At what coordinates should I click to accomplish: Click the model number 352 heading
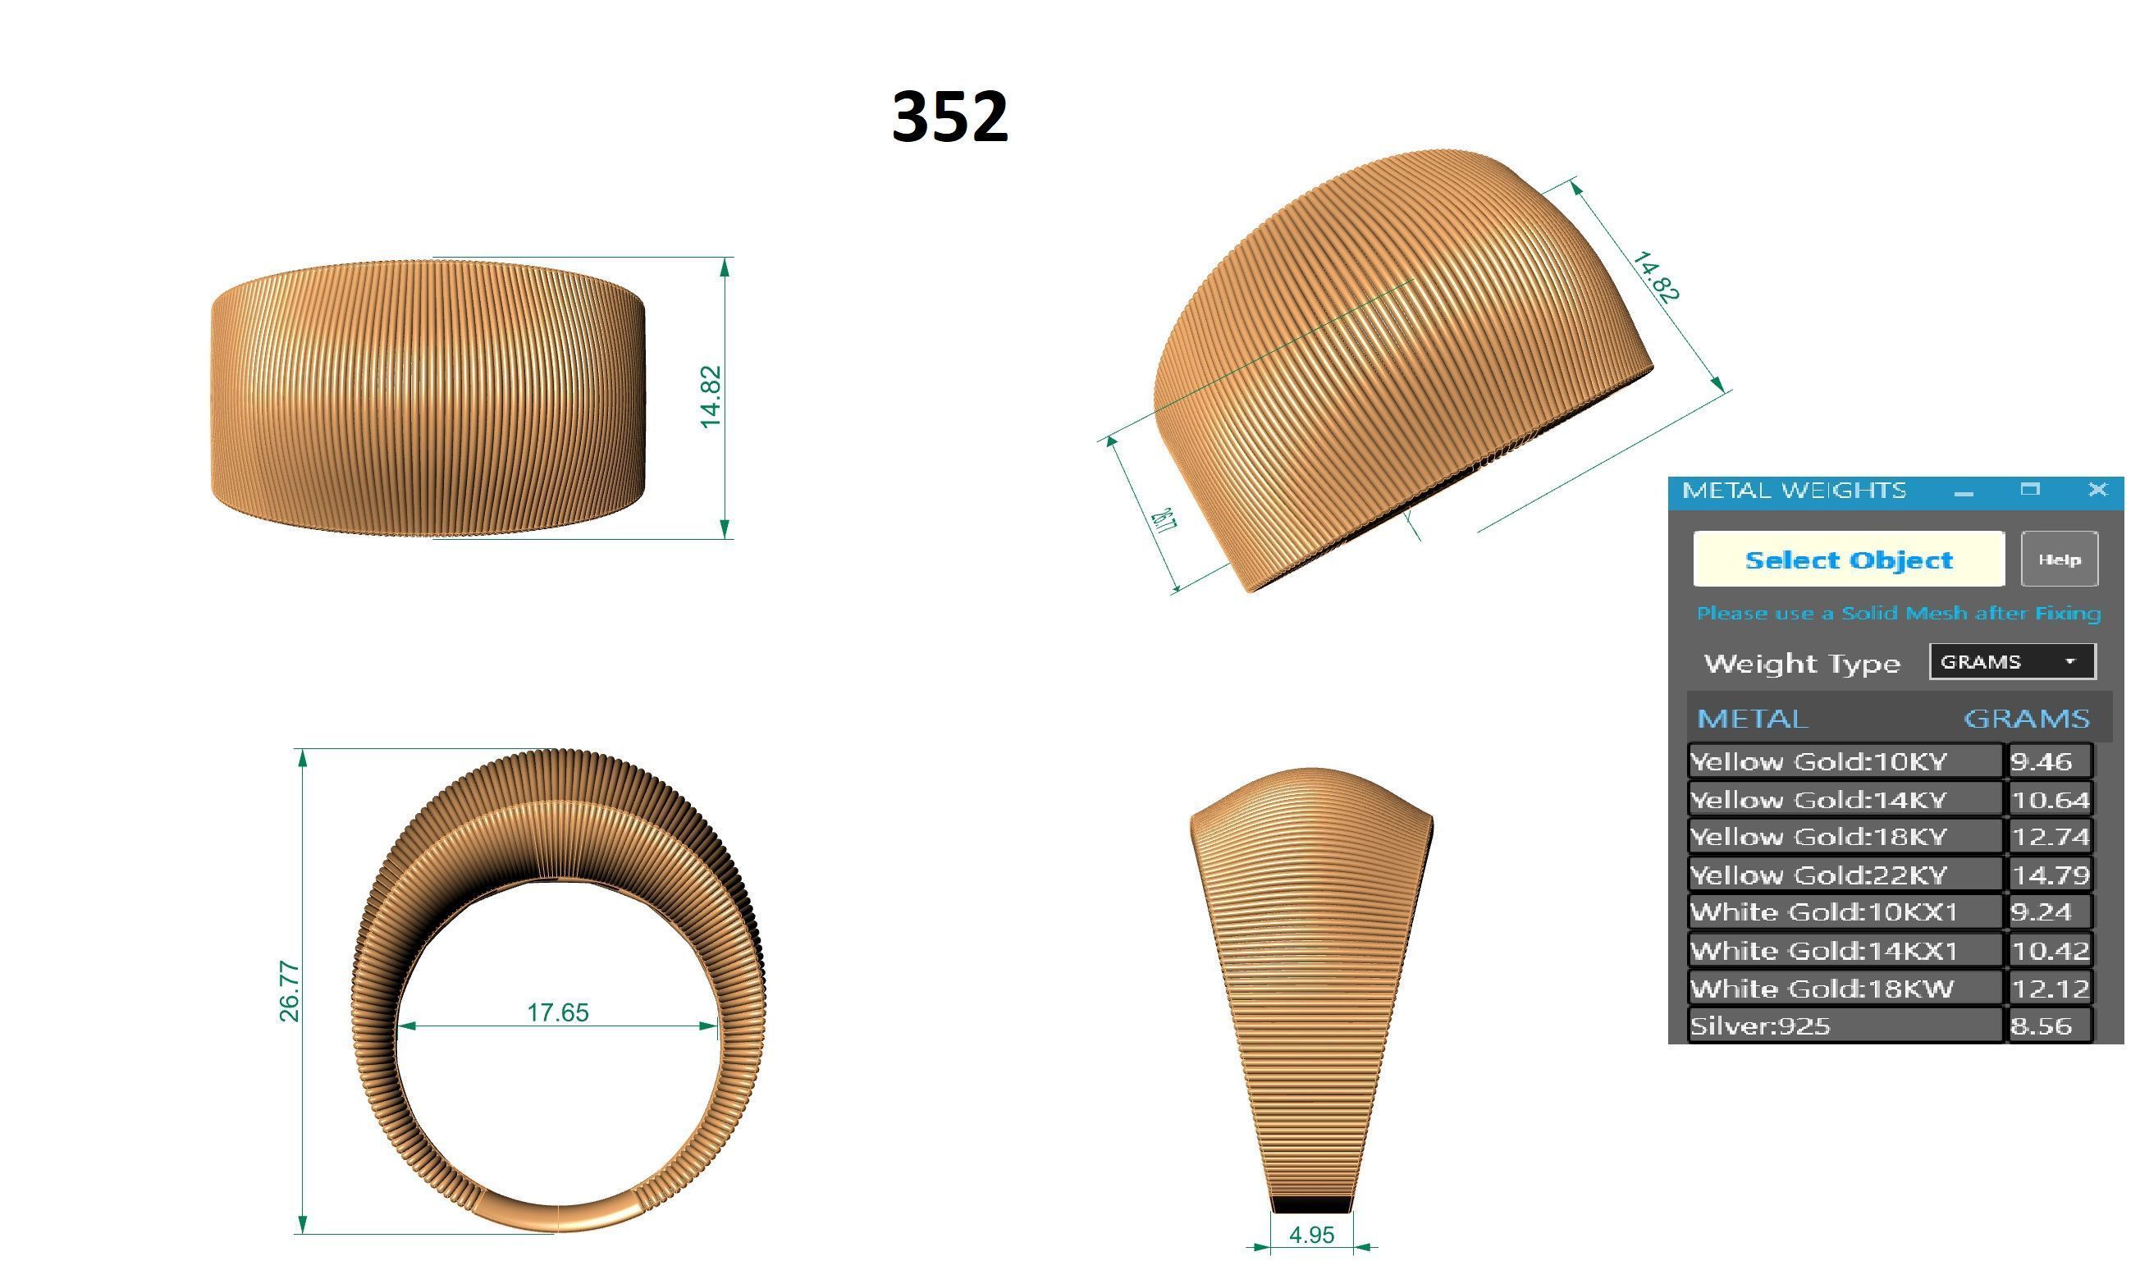click(x=949, y=116)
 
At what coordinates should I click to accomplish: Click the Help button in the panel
click(x=2059, y=560)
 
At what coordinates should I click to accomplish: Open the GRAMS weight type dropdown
click(x=2012, y=661)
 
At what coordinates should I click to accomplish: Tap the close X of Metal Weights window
click(x=2097, y=490)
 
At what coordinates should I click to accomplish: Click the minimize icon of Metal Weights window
click(x=1964, y=492)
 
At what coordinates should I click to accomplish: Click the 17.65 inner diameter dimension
click(x=558, y=1012)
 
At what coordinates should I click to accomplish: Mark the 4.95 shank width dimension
click(x=1311, y=1235)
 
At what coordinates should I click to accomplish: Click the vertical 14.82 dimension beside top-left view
click(x=711, y=397)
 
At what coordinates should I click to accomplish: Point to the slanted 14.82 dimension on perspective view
click(x=1656, y=276)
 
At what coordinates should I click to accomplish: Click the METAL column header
click(x=1752, y=718)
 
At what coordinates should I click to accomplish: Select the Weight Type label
click(x=1801, y=663)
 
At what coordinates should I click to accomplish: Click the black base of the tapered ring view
click(x=1311, y=1205)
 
